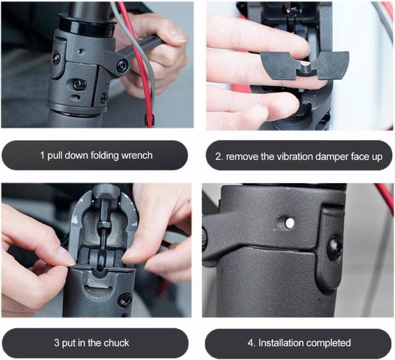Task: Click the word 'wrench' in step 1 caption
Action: (137, 155)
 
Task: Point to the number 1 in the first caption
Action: (42, 155)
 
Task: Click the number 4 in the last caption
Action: (250, 343)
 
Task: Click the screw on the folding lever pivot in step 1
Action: (122, 66)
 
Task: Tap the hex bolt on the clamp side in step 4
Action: (334, 246)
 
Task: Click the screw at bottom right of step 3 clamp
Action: (125, 300)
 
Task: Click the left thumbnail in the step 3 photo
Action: (63, 255)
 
